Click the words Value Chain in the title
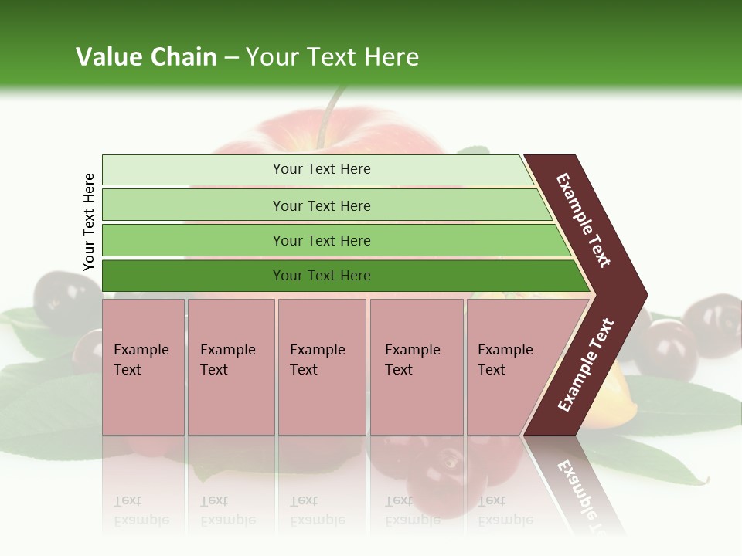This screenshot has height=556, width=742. coord(146,57)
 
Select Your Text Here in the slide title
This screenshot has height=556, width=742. coord(332,57)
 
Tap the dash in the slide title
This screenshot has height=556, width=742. coord(231,58)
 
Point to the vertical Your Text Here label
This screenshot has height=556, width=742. coord(89,222)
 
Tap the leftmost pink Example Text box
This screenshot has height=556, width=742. coord(143,367)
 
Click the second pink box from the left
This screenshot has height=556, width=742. coord(231,367)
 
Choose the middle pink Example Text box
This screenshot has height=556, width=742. coord(322,367)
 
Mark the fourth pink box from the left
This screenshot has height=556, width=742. coord(417,367)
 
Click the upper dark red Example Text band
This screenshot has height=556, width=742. coord(584,219)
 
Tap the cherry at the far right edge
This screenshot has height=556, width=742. coord(715,324)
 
